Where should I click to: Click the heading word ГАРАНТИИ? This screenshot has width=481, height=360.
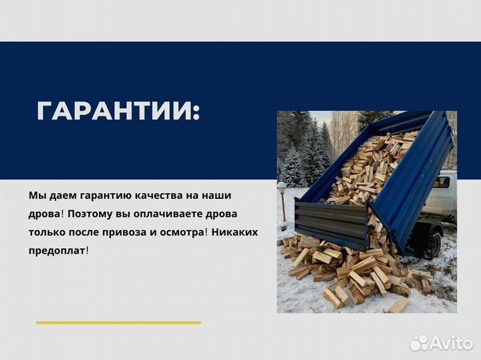pos(118,111)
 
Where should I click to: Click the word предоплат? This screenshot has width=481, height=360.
pos(57,250)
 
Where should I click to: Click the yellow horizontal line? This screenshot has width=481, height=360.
pos(118,323)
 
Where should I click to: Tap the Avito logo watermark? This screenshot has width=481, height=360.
pos(440,342)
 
